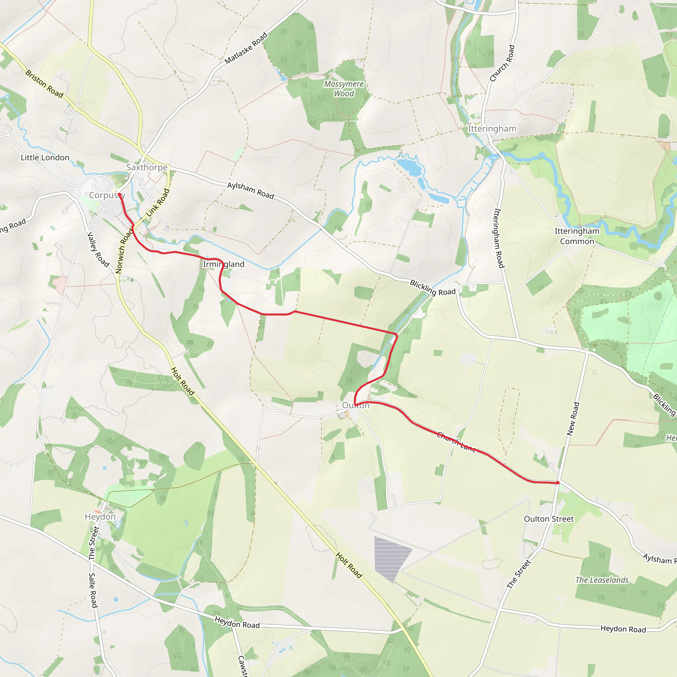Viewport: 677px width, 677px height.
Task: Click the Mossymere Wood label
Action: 344,89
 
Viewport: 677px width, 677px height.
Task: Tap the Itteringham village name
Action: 492,129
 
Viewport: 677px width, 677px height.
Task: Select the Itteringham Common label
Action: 577,236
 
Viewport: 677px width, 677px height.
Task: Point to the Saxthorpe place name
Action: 147,167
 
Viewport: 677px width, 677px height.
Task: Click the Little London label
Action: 45,158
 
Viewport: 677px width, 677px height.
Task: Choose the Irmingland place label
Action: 223,264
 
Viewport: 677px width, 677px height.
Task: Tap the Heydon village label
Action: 100,517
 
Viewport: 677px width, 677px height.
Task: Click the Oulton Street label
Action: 549,519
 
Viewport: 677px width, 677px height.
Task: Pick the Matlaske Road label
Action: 246,48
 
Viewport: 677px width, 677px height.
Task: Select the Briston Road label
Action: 45,84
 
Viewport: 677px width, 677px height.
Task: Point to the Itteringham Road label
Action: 498,238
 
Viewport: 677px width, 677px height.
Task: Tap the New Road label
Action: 573,419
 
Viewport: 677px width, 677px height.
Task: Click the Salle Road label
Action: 93,590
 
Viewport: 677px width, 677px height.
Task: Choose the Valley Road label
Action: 98,249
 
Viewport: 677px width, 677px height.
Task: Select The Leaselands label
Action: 602,580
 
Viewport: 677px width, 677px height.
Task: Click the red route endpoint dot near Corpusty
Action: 119,194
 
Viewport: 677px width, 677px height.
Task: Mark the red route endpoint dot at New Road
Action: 558,483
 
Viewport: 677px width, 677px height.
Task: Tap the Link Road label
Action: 158,203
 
